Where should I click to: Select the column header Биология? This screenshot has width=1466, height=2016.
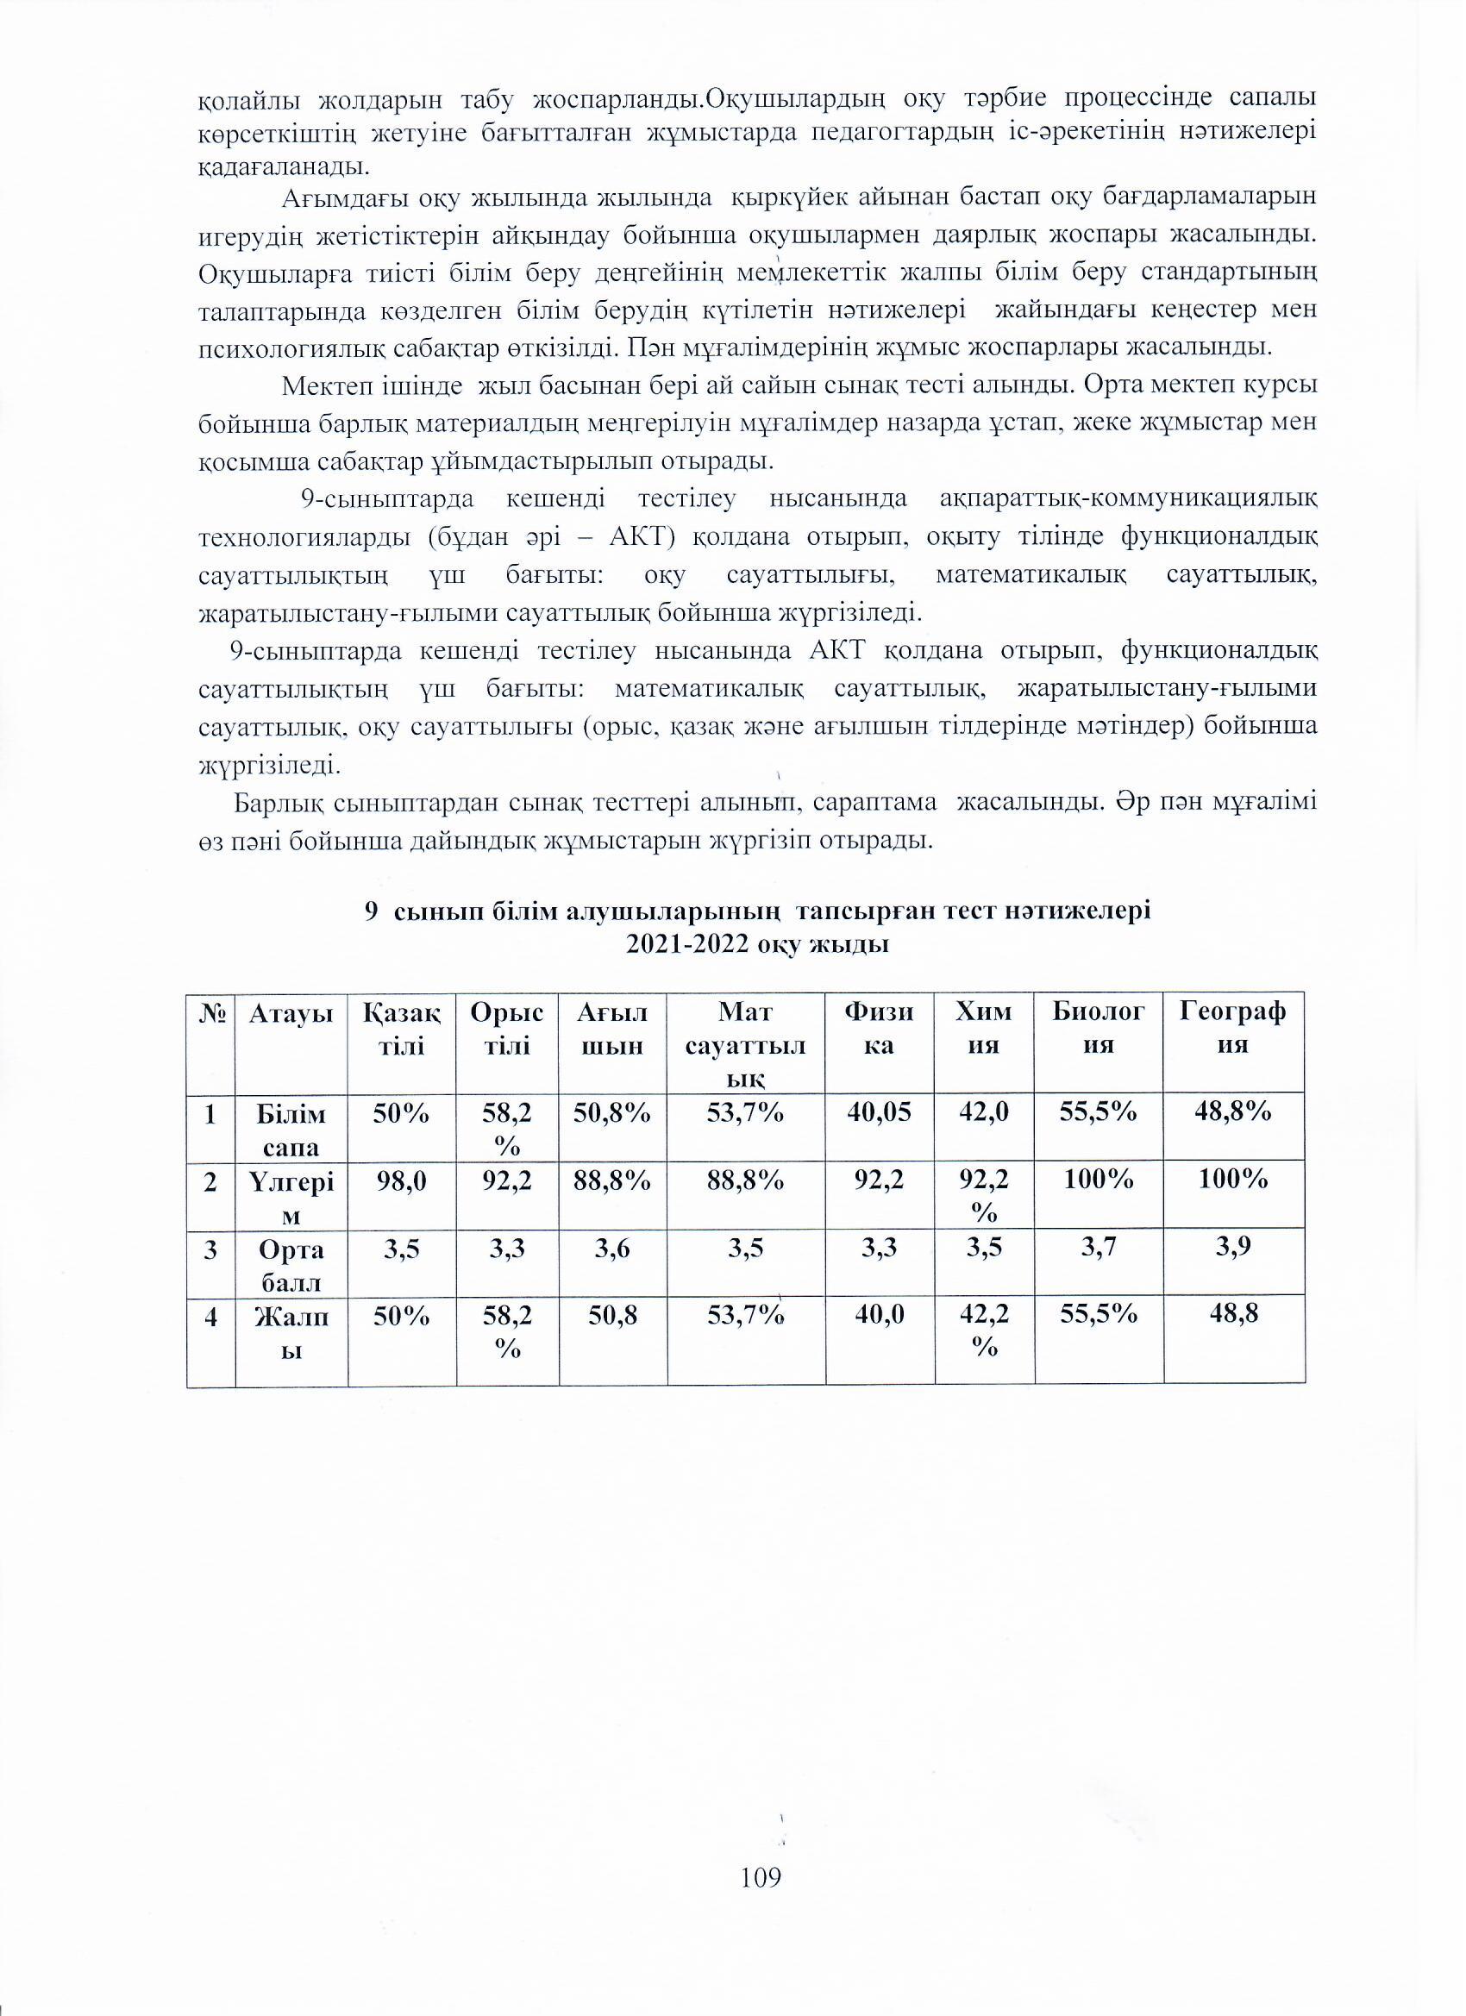tap(1099, 1029)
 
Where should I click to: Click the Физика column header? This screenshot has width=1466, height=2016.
tap(880, 1029)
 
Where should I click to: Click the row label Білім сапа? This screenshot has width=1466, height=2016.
tap(291, 1130)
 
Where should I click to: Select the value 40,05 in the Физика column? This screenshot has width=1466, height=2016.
tap(880, 1112)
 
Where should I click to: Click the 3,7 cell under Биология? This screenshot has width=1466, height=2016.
tap(1099, 1249)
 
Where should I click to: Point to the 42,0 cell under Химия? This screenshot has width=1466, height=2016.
tap(983, 1112)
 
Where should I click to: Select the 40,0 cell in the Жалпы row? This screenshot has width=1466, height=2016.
tap(880, 1315)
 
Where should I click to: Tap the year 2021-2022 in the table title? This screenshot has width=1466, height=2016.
tap(686, 945)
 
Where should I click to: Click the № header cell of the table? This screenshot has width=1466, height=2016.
tap(210, 1012)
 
